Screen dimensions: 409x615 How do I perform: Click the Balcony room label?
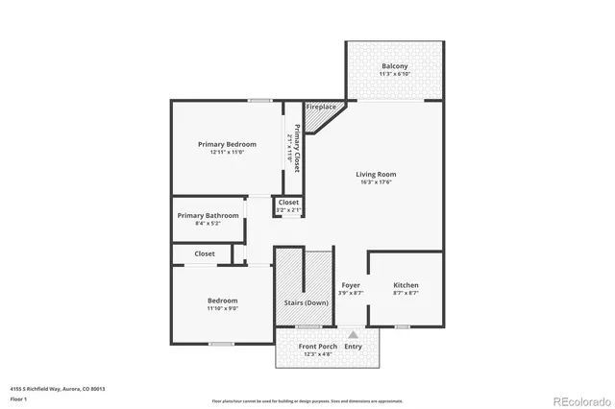pos(394,66)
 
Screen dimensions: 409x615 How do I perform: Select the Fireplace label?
pos(321,107)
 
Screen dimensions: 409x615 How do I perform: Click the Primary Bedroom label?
pos(228,144)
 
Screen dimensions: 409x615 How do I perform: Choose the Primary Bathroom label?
pos(208,215)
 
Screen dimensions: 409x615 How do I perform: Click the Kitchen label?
pos(406,285)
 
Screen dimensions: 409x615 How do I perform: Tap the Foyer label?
pos(351,285)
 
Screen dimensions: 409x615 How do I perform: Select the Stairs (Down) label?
pos(306,302)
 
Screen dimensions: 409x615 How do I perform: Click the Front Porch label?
pos(317,346)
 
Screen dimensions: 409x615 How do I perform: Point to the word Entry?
pos(354,346)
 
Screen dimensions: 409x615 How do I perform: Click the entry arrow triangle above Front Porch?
pos(353,333)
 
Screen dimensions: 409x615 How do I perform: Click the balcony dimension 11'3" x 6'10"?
pos(394,74)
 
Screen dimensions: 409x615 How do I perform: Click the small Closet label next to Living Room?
pos(288,203)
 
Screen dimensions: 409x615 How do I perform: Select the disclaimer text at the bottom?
pos(307,398)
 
